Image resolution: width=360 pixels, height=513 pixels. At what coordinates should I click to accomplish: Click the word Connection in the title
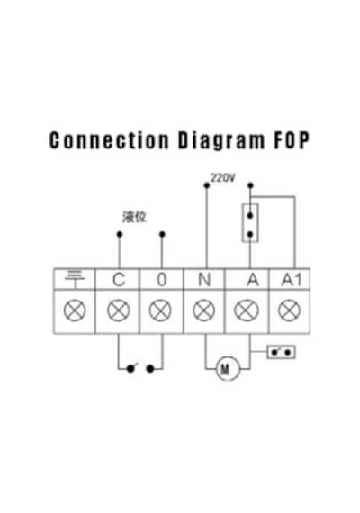(109, 140)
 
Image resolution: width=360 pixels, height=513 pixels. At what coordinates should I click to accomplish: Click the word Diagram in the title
(221, 141)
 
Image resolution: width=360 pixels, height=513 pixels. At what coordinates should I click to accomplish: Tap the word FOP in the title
(292, 140)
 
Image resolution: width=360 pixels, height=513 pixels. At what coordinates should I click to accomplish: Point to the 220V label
(222, 178)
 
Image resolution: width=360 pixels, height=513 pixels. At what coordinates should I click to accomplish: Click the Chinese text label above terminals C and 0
(134, 217)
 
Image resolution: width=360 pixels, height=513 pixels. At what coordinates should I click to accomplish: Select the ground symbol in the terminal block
(75, 279)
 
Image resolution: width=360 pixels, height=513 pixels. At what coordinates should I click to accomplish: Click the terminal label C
(119, 280)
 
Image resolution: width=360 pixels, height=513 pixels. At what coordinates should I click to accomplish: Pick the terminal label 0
(162, 280)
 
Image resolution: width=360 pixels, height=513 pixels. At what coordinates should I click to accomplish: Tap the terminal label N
(204, 280)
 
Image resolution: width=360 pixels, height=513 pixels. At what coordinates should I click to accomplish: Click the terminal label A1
(291, 280)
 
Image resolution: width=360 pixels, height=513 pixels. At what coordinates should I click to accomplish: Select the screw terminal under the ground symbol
(75, 310)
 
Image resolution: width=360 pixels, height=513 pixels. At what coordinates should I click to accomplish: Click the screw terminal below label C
(119, 310)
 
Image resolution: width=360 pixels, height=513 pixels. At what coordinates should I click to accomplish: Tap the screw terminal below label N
(204, 310)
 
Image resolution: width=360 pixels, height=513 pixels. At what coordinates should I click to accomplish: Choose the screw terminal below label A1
(289, 310)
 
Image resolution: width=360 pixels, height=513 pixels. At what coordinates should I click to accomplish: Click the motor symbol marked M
(228, 369)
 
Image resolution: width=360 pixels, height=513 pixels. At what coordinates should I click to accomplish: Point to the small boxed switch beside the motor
(281, 352)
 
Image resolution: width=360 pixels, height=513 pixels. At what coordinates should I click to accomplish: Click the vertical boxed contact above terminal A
(250, 223)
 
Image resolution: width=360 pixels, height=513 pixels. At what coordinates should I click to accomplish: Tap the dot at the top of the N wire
(206, 185)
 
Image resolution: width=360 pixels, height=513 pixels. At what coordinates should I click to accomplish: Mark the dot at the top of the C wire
(120, 234)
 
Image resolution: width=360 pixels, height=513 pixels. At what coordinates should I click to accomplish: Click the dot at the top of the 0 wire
(162, 234)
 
